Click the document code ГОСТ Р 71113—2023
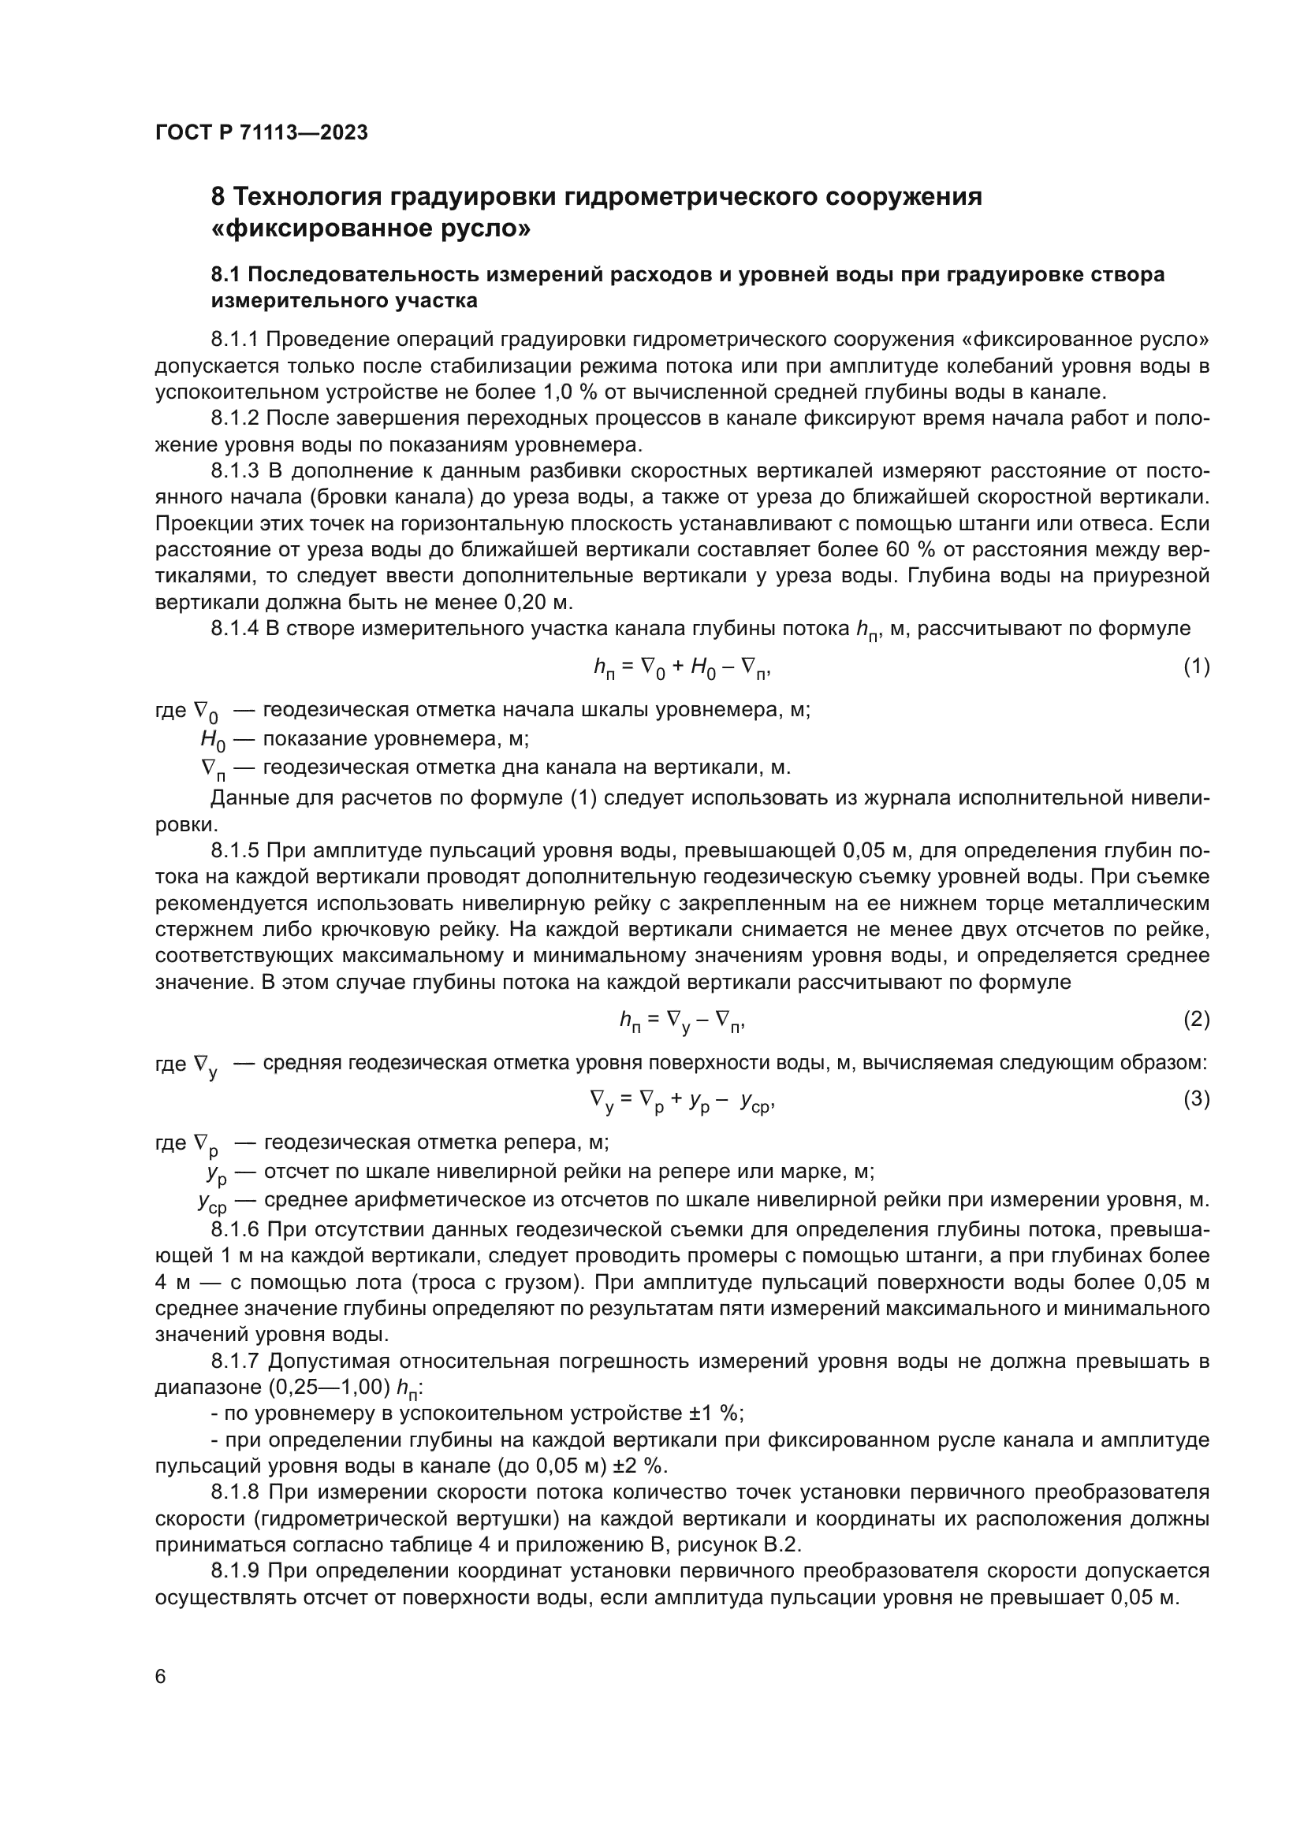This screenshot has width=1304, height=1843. (261, 132)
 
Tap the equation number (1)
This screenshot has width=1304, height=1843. (1197, 666)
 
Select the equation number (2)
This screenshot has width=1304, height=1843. (1197, 1019)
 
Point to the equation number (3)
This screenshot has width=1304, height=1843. (1197, 1098)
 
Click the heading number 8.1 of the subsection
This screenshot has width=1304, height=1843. (226, 274)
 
